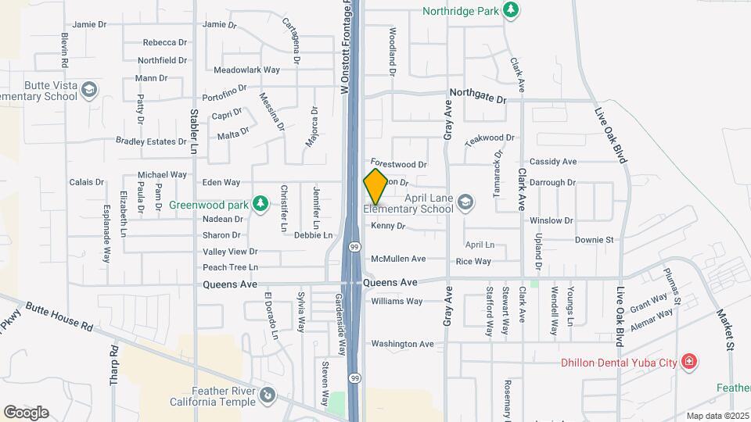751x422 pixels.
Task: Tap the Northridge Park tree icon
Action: tap(511, 9)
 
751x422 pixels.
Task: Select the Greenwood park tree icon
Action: tap(261, 205)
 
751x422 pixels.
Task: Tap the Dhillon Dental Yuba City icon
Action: tap(688, 361)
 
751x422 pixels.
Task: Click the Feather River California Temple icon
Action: tap(268, 395)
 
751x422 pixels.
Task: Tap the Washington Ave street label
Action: tap(402, 344)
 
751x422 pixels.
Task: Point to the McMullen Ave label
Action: tap(398, 259)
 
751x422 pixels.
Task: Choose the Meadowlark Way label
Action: tap(246, 70)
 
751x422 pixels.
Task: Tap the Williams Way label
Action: tap(397, 301)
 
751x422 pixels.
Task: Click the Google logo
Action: tap(26, 412)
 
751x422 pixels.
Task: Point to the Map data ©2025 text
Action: tap(717, 416)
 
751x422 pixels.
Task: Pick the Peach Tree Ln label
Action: tap(230, 267)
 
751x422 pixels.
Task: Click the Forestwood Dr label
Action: tap(399, 165)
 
